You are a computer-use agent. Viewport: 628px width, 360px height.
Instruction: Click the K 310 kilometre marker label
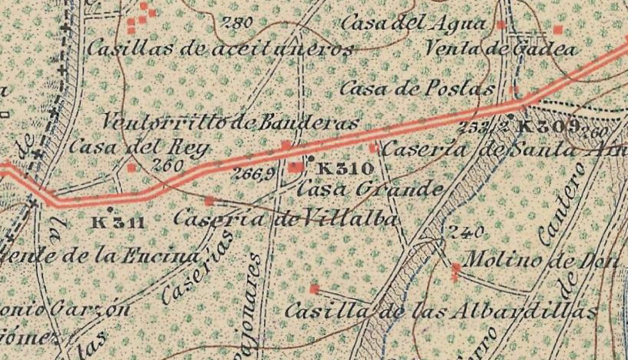click(x=345, y=168)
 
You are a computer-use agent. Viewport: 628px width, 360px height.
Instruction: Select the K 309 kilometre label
click(x=549, y=126)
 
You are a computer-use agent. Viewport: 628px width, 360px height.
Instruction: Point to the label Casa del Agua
click(x=413, y=24)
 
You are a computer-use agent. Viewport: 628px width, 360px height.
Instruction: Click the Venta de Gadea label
click(x=501, y=49)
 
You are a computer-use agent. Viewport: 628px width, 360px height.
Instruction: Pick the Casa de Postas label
click(x=416, y=88)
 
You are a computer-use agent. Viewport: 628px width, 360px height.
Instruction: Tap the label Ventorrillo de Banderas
click(x=230, y=122)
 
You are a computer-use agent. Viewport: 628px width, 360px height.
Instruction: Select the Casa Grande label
click(x=369, y=188)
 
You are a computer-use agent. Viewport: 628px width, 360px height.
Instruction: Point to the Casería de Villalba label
click(x=286, y=219)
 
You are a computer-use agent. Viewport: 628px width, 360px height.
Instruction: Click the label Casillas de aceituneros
click(x=219, y=49)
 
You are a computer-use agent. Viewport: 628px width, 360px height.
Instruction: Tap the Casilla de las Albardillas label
click(x=440, y=312)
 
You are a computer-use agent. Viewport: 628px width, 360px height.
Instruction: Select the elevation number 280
click(x=235, y=23)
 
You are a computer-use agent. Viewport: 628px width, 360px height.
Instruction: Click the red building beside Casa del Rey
click(x=132, y=167)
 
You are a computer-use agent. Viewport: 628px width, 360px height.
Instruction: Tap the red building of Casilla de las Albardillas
click(x=314, y=288)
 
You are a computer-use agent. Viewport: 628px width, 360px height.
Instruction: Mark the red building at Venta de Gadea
click(x=558, y=30)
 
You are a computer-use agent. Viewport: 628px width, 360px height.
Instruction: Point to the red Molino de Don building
click(x=456, y=268)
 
